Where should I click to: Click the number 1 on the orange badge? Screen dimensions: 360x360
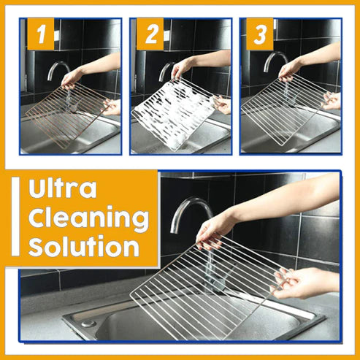tap(41, 35)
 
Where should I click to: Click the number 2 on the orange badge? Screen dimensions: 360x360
tap(151, 35)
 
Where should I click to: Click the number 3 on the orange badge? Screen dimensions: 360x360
tap(261, 35)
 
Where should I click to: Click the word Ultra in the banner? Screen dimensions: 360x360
tap(61, 189)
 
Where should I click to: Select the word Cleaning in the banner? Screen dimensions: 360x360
tap(88, 217)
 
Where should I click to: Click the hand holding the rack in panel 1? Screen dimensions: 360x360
tap(73, 76)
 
